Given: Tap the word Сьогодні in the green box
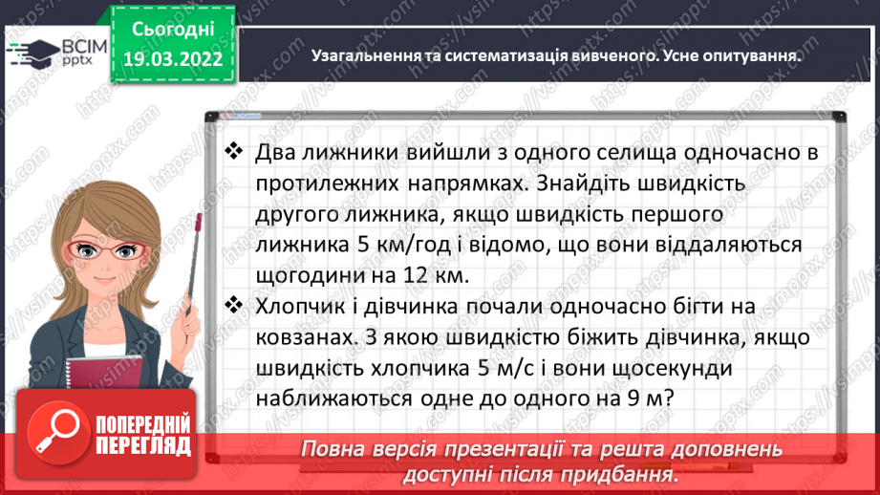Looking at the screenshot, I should [x=173, y=30].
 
